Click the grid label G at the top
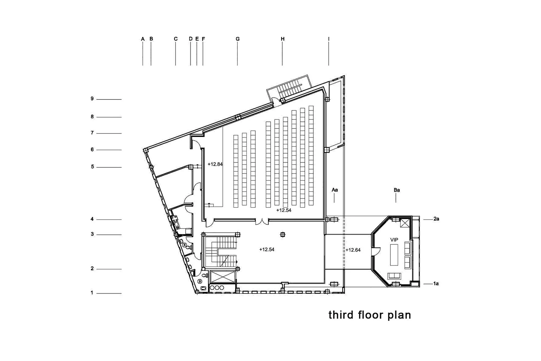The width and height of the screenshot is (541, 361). point(237,39)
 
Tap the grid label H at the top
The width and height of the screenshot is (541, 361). point(283,39)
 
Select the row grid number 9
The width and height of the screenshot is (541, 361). point(92,99)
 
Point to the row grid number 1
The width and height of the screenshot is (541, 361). point(92,293)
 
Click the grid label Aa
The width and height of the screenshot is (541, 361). point(335,190)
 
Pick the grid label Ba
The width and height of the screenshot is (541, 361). point(397,190)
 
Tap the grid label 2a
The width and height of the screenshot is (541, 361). point(436,219)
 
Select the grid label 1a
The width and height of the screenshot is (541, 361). point(436,284)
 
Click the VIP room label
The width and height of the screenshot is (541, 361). point(394,240)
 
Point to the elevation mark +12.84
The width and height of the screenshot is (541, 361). point(215,164)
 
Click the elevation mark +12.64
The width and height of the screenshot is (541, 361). point(353,250)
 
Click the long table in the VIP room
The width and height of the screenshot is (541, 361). point(394,255)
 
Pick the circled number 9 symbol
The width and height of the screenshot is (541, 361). point(200,282)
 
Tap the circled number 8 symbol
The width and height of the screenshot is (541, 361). point(184,245)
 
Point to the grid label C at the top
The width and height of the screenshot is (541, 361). point(176,39)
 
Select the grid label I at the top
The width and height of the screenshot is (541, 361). point(329,39)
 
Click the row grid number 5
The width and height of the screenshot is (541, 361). point(93,167)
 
